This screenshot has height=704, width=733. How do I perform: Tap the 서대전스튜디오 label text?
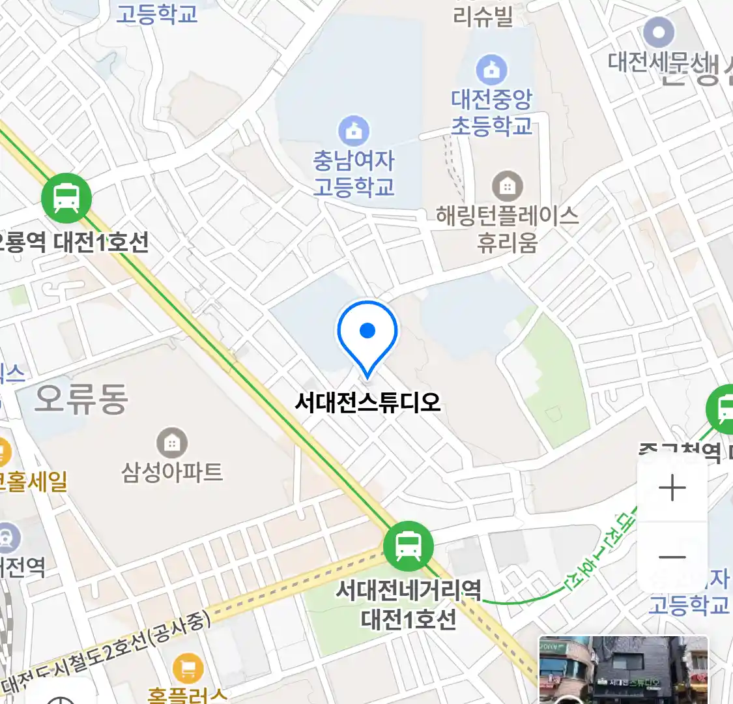[367, 402]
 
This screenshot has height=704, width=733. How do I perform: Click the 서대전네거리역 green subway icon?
[409, 546]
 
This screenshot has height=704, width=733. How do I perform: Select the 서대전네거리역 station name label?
[409, 591]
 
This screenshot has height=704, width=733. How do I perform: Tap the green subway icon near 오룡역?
[66, 198]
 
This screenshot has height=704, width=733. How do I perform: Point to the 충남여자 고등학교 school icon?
[354, 131]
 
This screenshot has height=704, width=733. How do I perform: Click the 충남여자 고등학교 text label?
[354, 173]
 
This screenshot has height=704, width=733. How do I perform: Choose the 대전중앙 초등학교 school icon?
[491, 70]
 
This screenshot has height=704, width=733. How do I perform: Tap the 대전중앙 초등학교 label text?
[491, 112]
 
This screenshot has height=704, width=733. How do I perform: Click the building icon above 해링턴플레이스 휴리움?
[507, 186]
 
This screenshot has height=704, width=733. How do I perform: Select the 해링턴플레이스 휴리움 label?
[507, 228]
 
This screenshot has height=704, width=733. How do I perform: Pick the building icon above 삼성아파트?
[172, 444]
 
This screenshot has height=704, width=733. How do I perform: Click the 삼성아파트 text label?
[172, 472]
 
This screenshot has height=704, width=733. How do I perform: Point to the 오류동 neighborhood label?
[81, 399]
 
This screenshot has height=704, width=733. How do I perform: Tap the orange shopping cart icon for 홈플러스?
[188, 669]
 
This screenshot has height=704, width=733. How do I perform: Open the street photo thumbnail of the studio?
[623, 670]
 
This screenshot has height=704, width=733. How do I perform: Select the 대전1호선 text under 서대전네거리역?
[409, 619]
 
